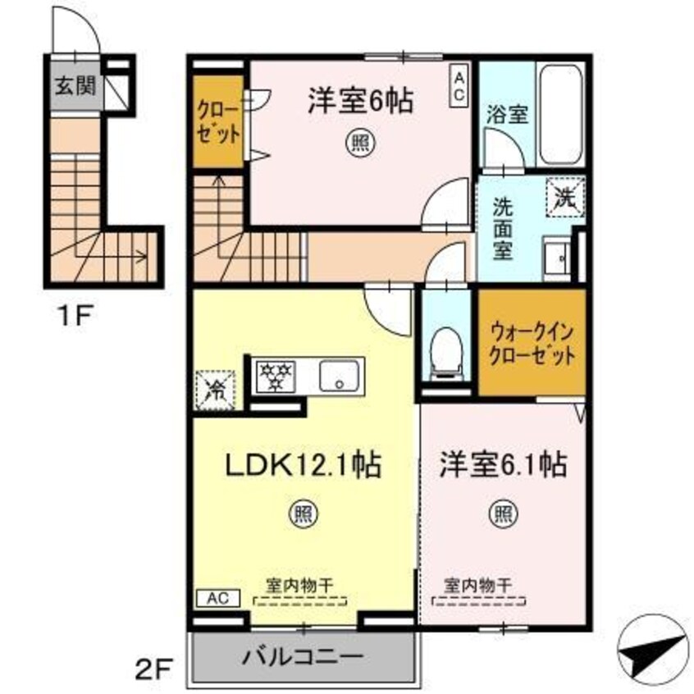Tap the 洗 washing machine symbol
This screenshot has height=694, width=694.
coord(565,198)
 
